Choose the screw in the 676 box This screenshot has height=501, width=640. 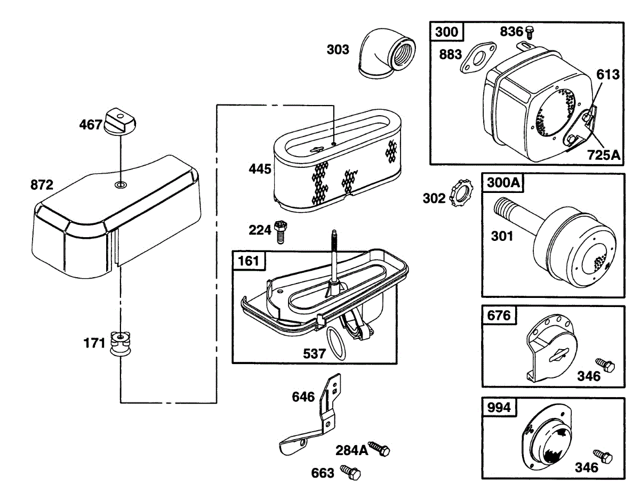click(606, 365)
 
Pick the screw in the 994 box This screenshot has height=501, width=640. click(604, 457)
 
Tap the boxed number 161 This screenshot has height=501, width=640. click(249, 261)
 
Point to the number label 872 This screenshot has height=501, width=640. click(42, 185)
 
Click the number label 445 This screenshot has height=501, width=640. click(260, 169)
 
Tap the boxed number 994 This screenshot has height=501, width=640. click(499, 407)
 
